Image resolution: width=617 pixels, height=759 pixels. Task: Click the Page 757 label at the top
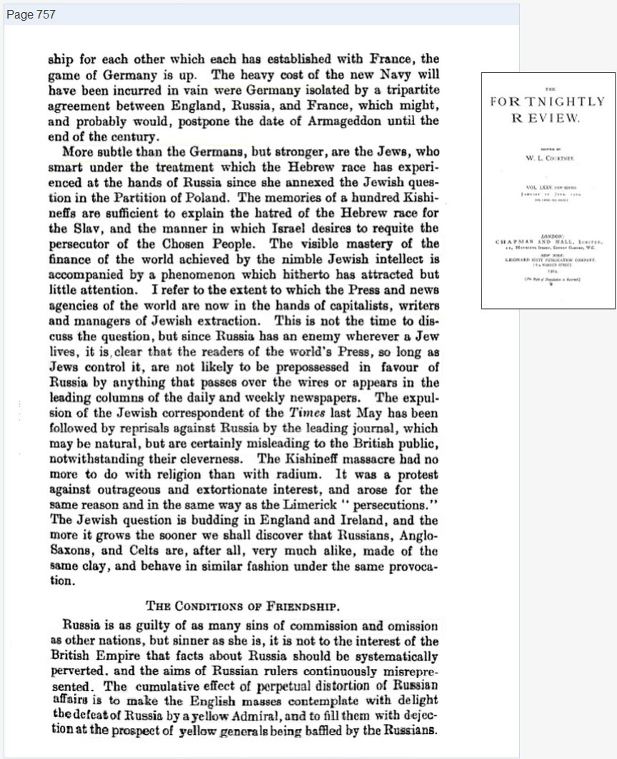click(x=30, y=14)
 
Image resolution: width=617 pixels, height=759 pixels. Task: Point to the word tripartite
click(x=413, y=91)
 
